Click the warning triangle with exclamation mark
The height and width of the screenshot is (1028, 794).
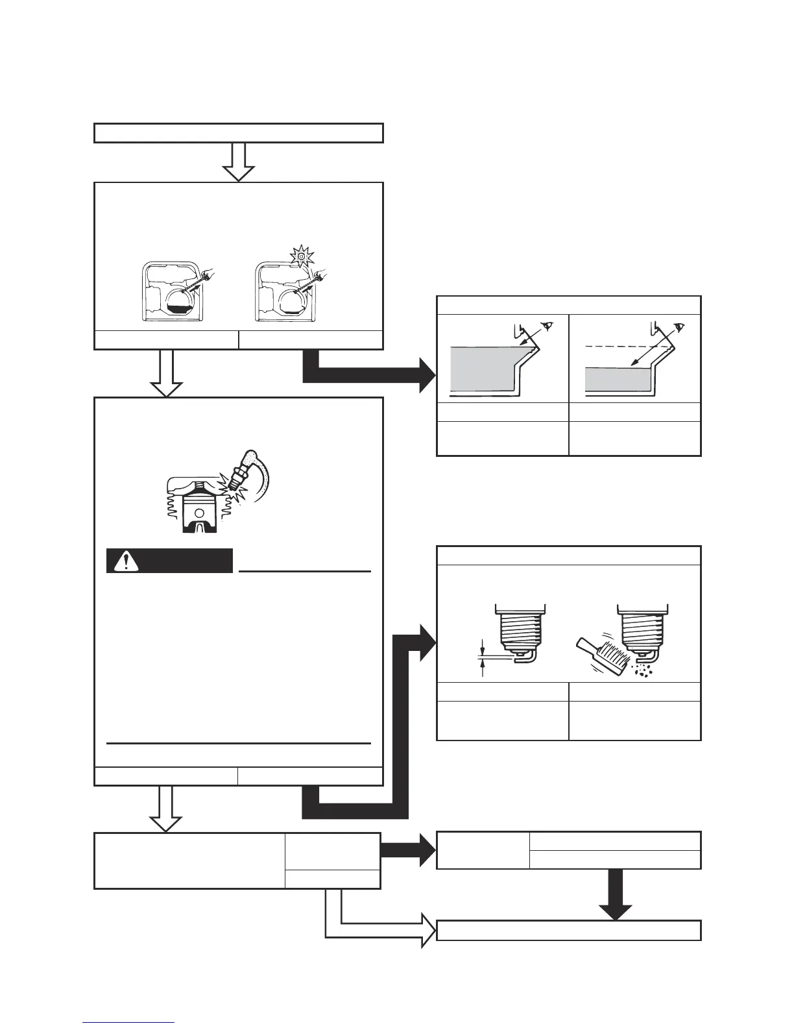[x=121, y=561]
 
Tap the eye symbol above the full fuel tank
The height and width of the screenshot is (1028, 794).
[x=549, y=327]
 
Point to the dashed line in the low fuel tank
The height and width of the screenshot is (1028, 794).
[x=623, y=347]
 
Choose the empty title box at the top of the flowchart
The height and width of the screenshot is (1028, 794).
[x=239, y=132]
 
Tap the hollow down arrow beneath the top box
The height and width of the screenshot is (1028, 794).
[x=238, y=162]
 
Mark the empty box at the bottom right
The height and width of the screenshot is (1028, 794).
[x=569, y=930]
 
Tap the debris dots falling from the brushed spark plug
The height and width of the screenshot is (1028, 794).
[x=645, y=669]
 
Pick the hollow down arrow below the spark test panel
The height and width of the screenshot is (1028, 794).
[x=167, y=809]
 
